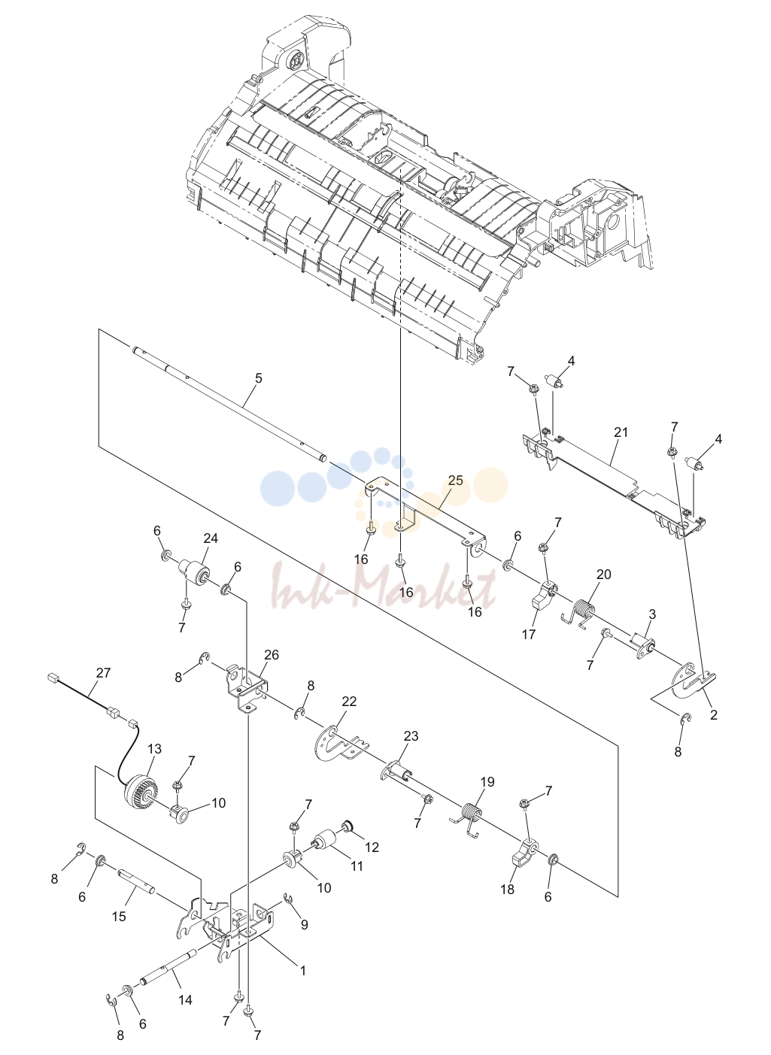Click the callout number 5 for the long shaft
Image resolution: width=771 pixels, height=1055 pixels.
(258, 377)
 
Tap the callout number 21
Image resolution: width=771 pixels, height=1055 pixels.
(621, 432)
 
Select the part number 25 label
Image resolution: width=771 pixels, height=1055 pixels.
(455, 481)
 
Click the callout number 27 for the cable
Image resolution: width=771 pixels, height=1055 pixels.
(103, 672)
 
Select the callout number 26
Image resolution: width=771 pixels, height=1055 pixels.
(272, 655)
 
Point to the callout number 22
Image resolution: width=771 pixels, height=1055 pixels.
(349, 702)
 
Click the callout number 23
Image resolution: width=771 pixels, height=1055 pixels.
(411, 735)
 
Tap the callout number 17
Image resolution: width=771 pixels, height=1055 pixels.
(529, 635)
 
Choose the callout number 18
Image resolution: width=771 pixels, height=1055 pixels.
(507, 890)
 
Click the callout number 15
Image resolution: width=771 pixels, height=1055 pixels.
(120, 916)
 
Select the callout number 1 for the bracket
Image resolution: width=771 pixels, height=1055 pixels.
(303, 971)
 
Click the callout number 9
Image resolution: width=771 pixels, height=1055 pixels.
(305, 925)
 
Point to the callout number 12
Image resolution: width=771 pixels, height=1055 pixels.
(372, 847)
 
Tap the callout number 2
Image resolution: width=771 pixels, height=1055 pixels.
(714, 714)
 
